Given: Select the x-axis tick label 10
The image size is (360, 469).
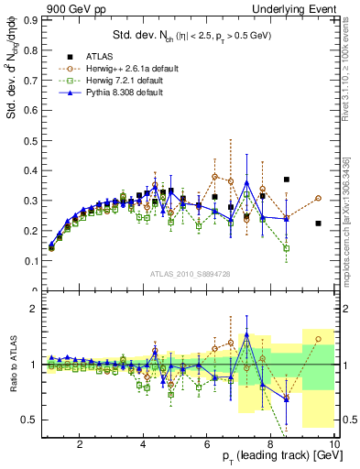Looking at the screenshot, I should click(x=333, y=444).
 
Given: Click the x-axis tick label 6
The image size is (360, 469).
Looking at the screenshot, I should click(x=207, y=444).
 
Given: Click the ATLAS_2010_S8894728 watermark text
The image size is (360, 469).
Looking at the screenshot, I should click(x=189, y=274).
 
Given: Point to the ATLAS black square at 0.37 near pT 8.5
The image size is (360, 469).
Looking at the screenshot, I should click(x=287, y=180).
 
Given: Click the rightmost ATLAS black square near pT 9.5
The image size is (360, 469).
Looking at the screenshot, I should click(x=318, y=224).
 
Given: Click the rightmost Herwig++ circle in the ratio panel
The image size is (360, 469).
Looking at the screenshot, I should click(x=318, y=339).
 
